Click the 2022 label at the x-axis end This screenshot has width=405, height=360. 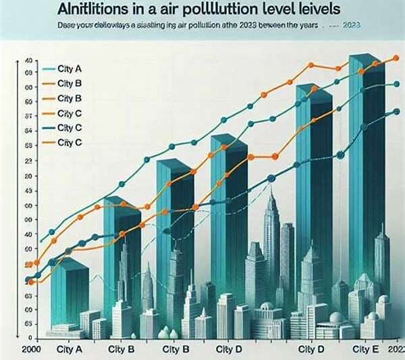click(x=395, y=350)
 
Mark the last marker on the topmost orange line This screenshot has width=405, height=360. click(x=395, y=58)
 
